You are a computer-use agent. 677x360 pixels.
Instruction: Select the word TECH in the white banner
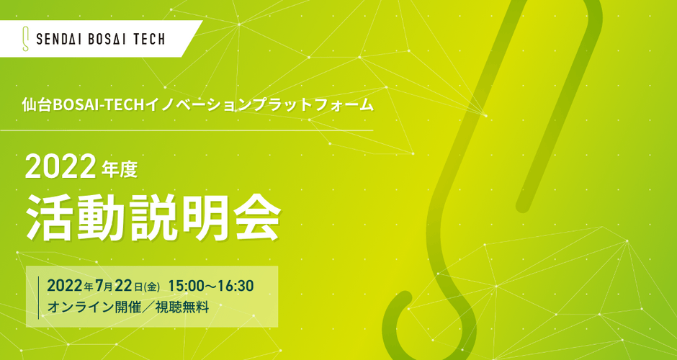coord(148,40)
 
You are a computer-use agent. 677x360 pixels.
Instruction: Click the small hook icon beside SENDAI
coord(26,40)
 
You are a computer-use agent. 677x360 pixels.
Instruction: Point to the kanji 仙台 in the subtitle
coord(37,106)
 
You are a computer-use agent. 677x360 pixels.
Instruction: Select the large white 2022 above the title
coord(60,167)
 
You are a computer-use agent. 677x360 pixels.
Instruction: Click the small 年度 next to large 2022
coord(120,169)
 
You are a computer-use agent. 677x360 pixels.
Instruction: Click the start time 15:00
coord(187,286)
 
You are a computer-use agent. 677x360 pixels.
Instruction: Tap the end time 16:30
coord(236,286)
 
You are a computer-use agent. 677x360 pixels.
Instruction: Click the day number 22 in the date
coord(124,286)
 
